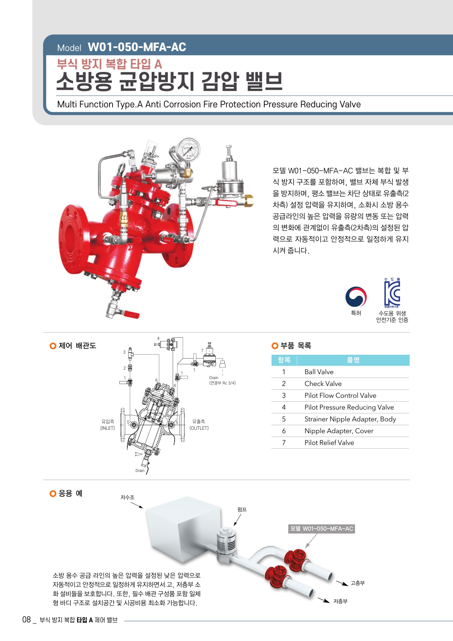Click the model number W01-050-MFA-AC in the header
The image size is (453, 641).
[137, 47]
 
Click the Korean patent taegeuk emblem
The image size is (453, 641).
[356, 297]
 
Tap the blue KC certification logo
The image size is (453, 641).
[392, 293]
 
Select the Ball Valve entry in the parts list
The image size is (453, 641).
[319, 372]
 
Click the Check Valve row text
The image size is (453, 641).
[323, 383]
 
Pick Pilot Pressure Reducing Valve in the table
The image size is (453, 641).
[349, 407]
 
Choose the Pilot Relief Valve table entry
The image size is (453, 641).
[329, 442]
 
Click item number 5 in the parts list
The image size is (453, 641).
[284, 419]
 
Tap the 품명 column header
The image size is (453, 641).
[353, 360]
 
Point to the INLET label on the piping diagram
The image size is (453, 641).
[108, 428]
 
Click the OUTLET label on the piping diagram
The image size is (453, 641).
[199, 428]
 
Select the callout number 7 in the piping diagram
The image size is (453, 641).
[202, 351]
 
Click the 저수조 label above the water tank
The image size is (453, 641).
[127, 497]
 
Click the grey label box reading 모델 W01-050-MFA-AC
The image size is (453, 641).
[321, 529]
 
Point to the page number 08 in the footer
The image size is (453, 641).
[26, 620]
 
